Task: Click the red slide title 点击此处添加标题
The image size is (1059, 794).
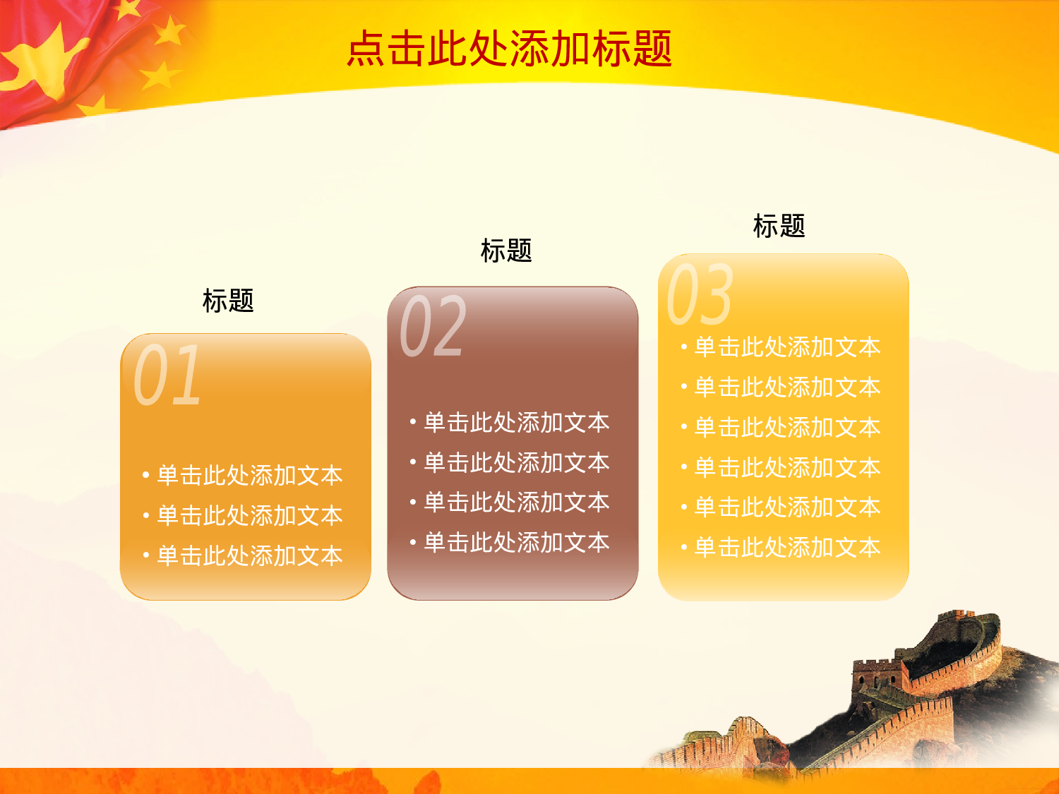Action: click(509, 49)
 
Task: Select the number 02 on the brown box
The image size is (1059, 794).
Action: click(433, 326)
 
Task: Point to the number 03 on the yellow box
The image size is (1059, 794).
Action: click(700, 294)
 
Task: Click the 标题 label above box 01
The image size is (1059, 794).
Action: click(228, 301)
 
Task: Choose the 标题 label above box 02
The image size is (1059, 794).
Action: click(505, 251)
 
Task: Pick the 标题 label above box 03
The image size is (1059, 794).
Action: click(779, 226)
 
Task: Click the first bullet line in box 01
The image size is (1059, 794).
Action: click(249, 475)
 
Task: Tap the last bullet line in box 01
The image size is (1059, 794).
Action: click(249, 555)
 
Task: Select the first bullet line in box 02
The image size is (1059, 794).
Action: click(516, 422)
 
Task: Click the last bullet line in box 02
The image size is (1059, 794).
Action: click(516, 542)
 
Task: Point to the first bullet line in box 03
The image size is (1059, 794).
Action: click(787, 347)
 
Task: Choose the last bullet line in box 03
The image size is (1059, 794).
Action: click(787, 547)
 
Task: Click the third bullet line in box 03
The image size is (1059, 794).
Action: click(787, 427)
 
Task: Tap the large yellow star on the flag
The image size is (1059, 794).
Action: click(42, 60)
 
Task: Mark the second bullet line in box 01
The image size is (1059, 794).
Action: click(249, 515)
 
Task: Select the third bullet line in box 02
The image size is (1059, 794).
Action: click(516, 502)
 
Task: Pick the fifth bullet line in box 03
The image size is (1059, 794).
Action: click(787, 507)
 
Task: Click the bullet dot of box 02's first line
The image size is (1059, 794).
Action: click(413, 423)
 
